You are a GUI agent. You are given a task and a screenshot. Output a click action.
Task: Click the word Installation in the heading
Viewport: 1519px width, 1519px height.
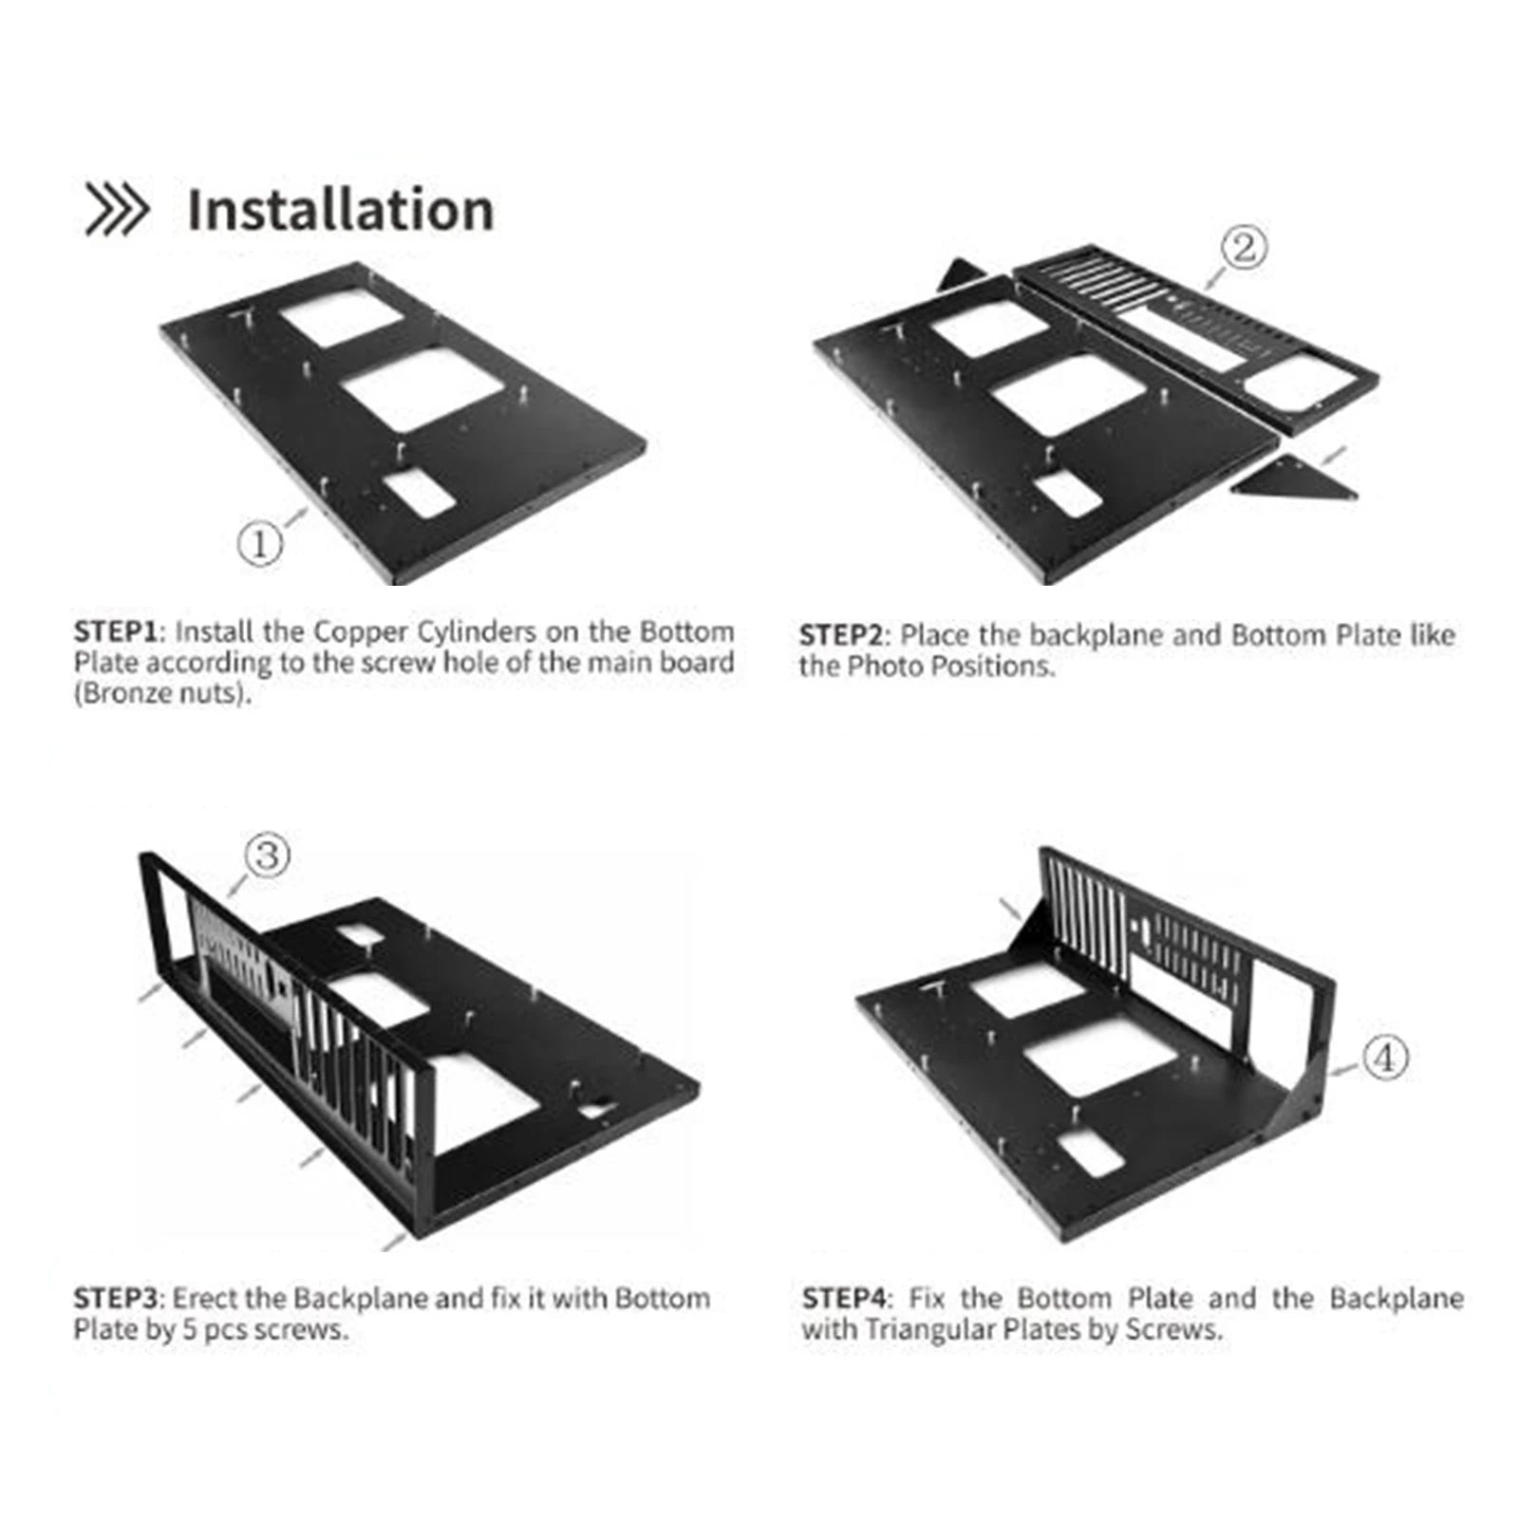[x=340, y=210]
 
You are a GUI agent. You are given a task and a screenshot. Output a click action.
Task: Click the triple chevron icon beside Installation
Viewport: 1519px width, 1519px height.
[x=116, y=210]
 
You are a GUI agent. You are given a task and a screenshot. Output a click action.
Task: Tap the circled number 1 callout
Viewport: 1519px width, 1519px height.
[x=259, y=544]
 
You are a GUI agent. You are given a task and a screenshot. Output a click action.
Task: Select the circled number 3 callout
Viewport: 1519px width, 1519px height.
[x=267, y=855]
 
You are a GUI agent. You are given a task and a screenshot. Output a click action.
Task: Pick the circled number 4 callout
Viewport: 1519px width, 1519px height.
[x=1385, y=1057]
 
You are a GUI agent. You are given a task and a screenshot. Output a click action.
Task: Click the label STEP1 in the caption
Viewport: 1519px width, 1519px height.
[x=115, y=632]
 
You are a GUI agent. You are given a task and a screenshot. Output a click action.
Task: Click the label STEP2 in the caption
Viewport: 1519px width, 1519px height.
[x=840, y=635]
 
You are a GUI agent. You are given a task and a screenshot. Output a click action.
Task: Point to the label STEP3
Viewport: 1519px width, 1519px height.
[x=115, y=1298]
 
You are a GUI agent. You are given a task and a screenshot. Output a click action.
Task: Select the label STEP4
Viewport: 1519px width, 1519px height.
[x=843, y=1298]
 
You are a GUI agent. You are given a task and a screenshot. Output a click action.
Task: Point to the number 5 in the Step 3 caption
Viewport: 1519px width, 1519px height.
[x=189, y=1329]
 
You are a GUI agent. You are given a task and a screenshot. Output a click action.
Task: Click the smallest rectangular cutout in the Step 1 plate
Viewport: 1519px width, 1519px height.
[x=416, y=494]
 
